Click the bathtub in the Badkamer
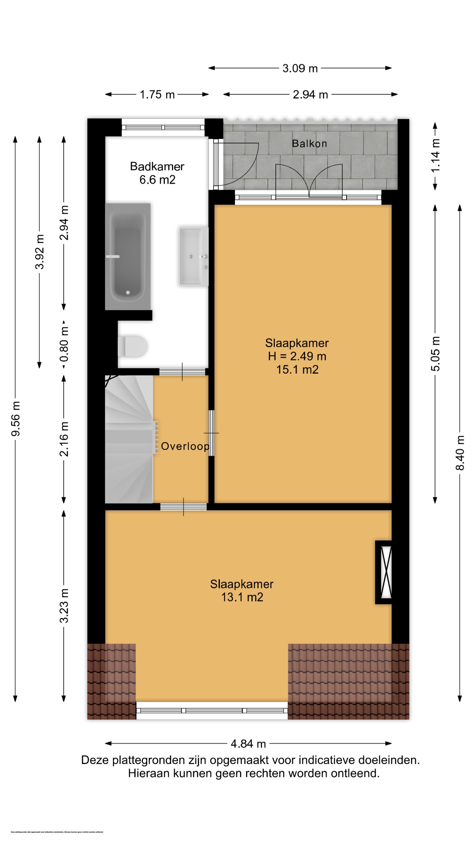tap(128, 256)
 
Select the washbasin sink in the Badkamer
tap(193, 256)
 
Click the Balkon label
tap(309, 144)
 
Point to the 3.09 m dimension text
tap(300, 69)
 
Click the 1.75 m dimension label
tap(157, 95)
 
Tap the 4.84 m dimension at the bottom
tap(248, 744)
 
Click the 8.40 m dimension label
tap(460, 453)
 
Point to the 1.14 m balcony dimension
tap(435, 156)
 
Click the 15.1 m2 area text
tap(297, 369)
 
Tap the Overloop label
tap(185, 446)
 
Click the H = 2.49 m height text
tap(297, 356)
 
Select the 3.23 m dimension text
tap(64, 606)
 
